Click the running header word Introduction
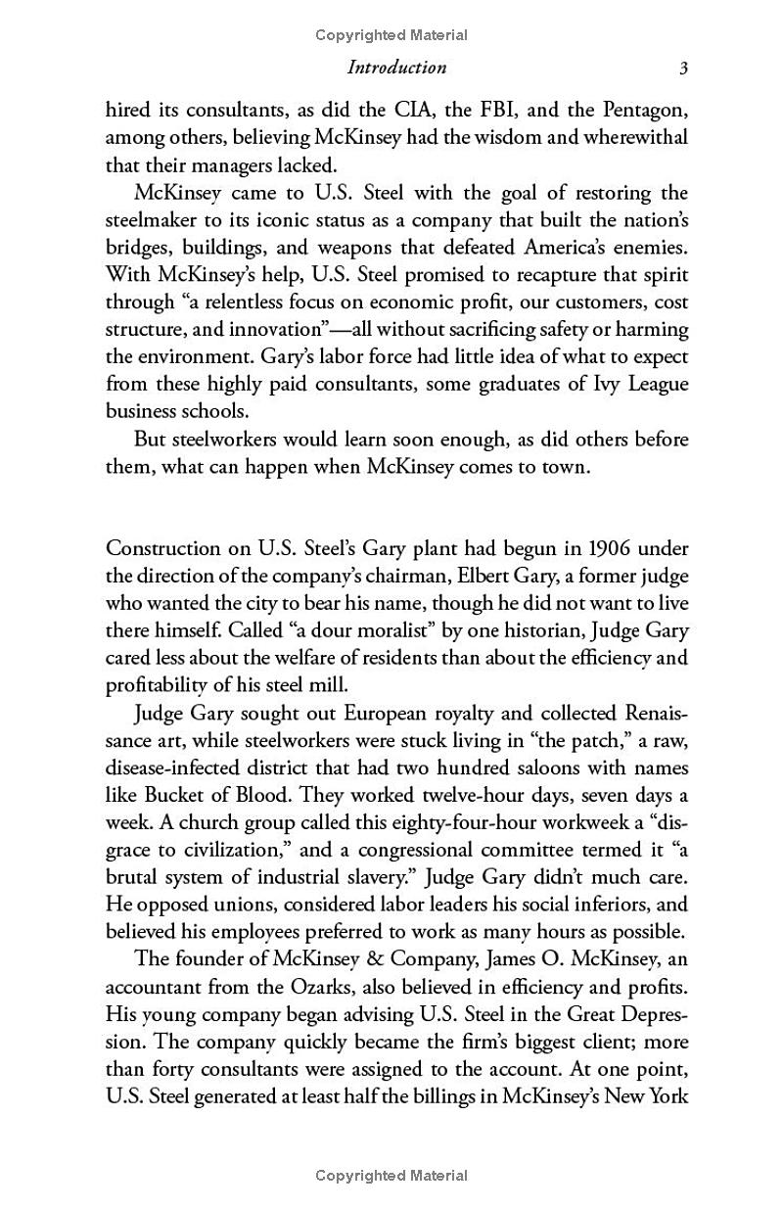(396, 68)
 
